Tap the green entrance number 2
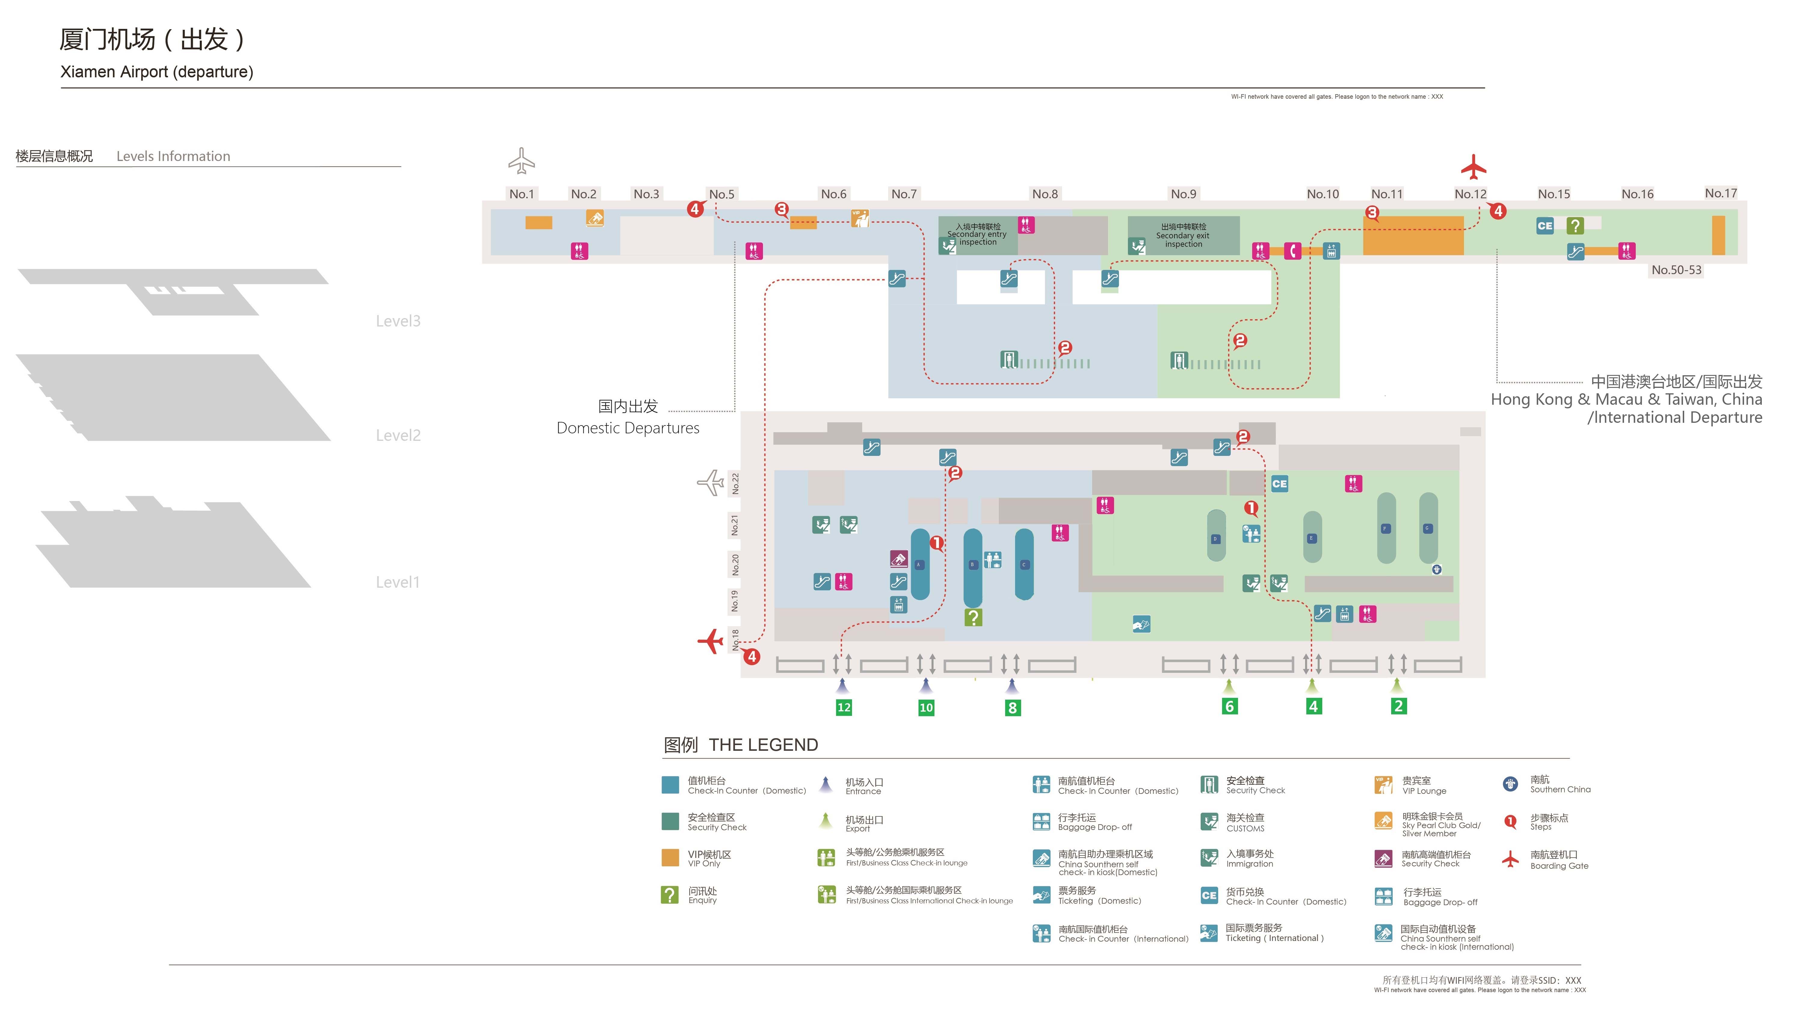point(1398,706)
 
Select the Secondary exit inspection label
point(1183,236)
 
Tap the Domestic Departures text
point(628,428)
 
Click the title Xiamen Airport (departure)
point(156,72)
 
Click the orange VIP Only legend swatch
point(669,858)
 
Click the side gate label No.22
point(734,484)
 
